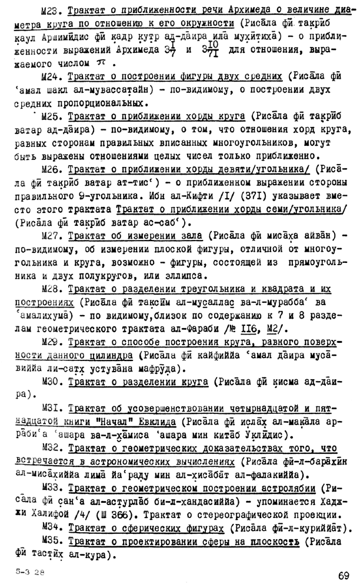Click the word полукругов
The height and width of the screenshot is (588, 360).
pos(115,275)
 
